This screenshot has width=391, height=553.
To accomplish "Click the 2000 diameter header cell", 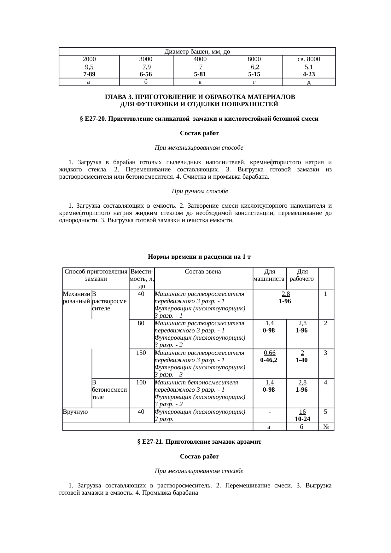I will click(x=89, y=59).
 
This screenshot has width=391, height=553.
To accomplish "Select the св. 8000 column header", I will click(x=309, y=59).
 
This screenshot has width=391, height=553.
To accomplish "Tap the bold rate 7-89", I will click(x=89, y=74).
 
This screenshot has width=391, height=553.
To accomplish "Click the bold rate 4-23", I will click(x=309, y=74).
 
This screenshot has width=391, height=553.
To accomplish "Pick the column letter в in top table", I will click(x=200, y=82).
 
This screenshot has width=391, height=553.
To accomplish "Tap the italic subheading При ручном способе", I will click(x=200, y=191).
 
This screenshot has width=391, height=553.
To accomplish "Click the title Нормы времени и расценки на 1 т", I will click(x=199, y=256).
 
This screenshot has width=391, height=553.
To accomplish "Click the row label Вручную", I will click(x=75, y=412).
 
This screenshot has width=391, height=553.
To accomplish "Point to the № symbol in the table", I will click(x=326, y=427).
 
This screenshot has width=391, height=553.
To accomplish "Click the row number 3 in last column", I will click(x=326, y=353).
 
